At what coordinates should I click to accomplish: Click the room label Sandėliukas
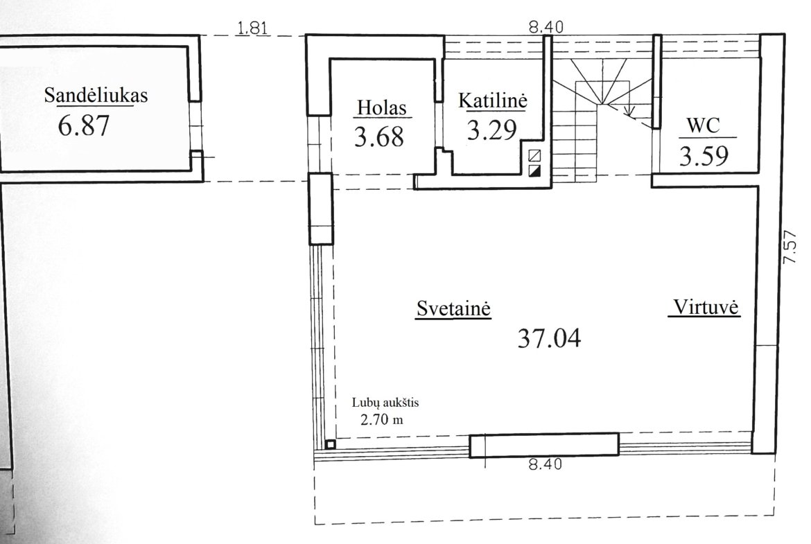point(96,95)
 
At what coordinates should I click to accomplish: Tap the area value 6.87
point(84,125)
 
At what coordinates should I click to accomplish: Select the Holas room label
point(382,108)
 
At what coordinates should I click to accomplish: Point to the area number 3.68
point(379,137)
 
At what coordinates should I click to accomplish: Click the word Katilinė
point(493,100)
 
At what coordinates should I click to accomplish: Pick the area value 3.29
point(492,130)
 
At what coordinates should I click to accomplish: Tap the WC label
point(704,125)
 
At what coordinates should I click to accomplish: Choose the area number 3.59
point(704,156)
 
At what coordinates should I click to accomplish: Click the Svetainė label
point(453,308)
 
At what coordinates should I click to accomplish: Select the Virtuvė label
point(706,307)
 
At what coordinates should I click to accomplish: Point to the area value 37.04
point(549,339)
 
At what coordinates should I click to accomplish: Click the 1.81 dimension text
point(252,28)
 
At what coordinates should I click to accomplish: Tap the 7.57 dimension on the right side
point(790,247)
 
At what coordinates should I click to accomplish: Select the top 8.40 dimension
point(546,27)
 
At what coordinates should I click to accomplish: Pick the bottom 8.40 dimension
point(545,464)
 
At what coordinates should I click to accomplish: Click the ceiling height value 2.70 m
point(382,419)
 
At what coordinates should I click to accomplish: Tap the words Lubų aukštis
point(385,403)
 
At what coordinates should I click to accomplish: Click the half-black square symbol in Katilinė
point(535,171)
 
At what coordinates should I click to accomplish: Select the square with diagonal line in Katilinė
point(535,155)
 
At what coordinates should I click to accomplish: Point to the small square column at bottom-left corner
point(331,444)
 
